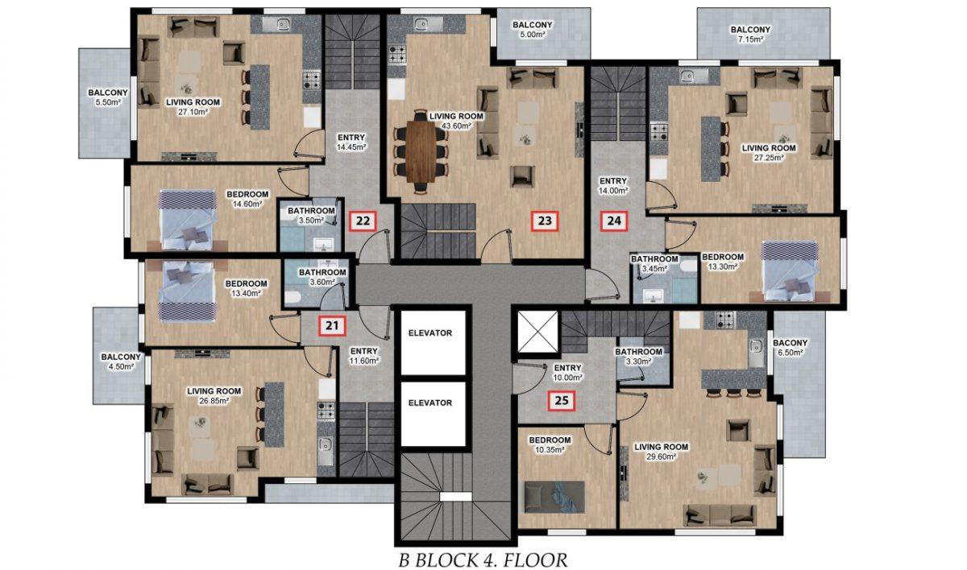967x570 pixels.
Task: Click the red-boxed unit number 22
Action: click(x=363, y=221)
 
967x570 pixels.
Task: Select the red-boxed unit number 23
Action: click(x=545, y=221)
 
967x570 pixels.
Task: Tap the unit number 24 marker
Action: click(x=614, y=221)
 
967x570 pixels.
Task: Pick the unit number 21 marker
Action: click(x=332, y=325)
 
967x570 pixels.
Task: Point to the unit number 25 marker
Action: click(x=562, y=401)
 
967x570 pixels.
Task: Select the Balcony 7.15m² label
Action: click(x=750, y=34)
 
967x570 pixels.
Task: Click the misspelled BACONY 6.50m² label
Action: click(x=790, y=348)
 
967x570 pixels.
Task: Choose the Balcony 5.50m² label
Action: click(x=108, y=97)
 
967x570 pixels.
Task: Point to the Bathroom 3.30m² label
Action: click(x=638, y=357)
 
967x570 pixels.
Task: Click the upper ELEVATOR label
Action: click(x=430, y=332)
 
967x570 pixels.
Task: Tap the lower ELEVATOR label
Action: click(x=430, y=403)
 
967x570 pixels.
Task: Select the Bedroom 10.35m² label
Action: click(x=550, y=445)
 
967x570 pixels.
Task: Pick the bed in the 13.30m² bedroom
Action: click(x=790, y=271)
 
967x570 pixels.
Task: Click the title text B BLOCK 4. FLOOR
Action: click(x=483, y=560)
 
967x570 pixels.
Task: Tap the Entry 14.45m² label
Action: click(x=351, y=142)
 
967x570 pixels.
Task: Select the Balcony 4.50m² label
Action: click(x=121, y=361)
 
